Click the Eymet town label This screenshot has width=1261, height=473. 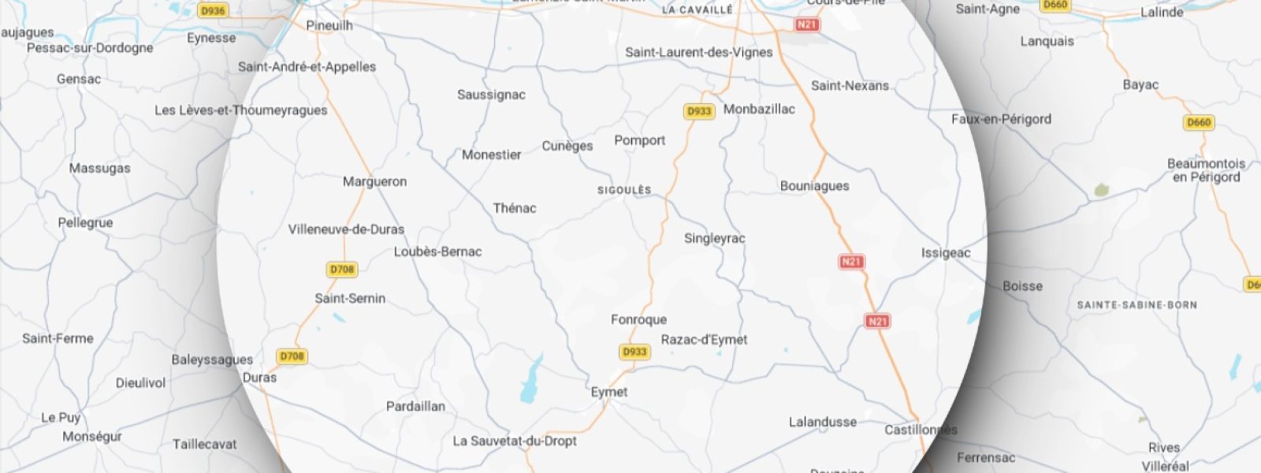[609, 392]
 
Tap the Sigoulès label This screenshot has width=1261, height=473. [624, 190]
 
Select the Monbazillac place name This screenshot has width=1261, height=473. [759, 109]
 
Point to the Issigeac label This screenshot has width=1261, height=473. [946, 253]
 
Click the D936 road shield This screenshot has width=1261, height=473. [212, 11]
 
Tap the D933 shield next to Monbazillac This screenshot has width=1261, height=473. [699, 111]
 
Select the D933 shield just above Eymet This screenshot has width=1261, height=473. [634, 352]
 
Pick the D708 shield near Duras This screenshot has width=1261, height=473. [292, 356]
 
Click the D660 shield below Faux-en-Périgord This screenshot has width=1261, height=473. [1198, 122]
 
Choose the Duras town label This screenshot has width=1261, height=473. [259, 378]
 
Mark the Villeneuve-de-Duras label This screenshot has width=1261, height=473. [346, 229]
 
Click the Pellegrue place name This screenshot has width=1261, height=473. [85, 223]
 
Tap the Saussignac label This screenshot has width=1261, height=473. [491, 95]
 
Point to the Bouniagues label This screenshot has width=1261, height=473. [814, 186]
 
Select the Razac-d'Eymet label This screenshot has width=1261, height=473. [704, 340]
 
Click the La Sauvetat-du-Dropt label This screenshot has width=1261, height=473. [514, 441]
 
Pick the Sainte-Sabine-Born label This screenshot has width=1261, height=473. [1136, 305]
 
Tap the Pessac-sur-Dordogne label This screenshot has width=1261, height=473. [90, 48]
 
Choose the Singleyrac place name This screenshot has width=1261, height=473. [714, 238]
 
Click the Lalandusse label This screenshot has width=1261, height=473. [822, 423]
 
